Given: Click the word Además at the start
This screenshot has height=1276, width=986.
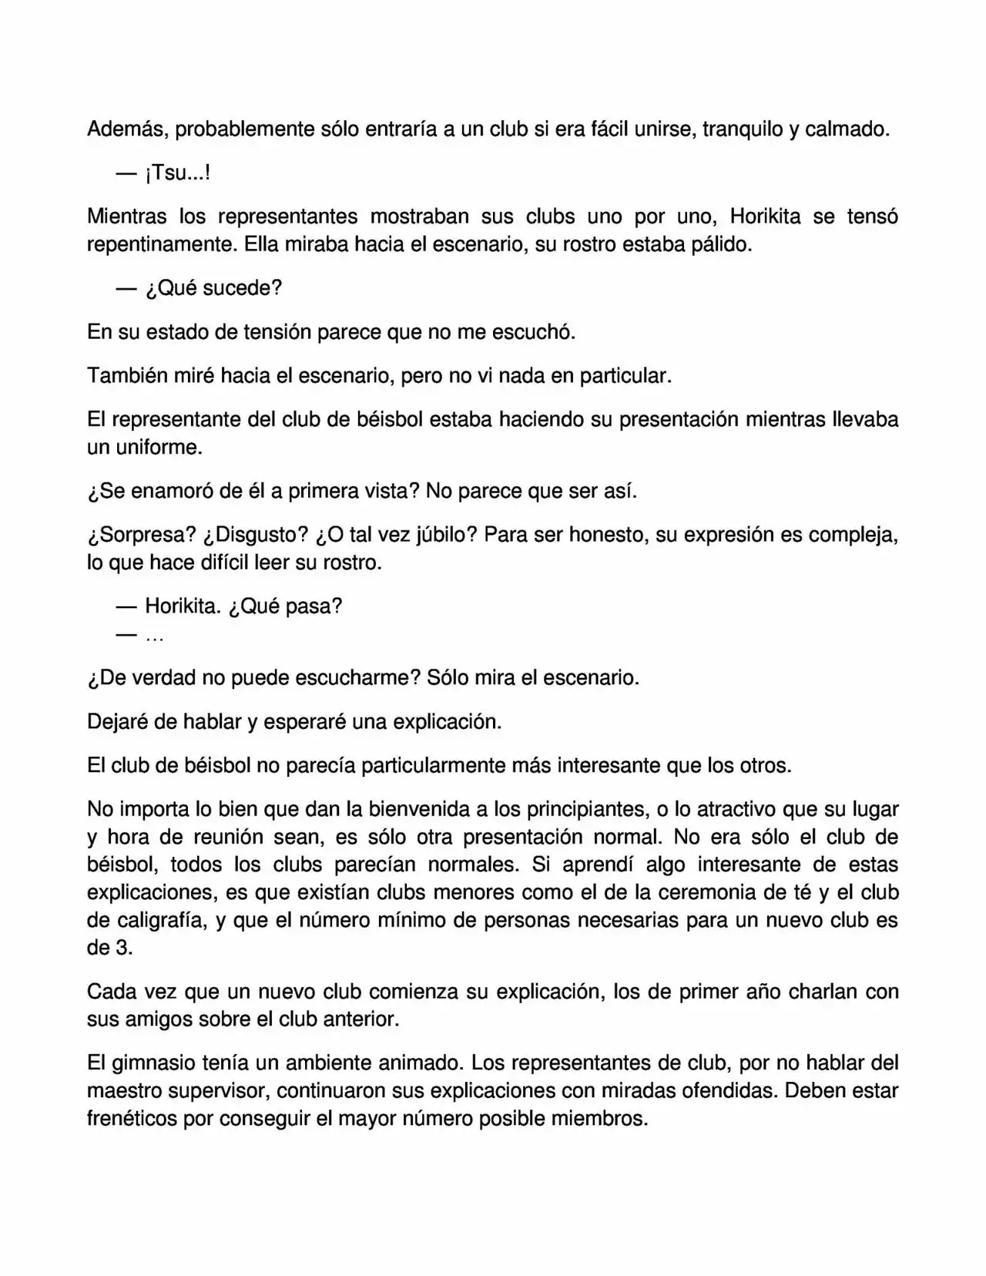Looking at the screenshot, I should (128, 129).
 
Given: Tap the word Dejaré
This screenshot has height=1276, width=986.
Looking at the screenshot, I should (121, 722).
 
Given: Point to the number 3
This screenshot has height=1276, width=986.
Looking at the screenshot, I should (124, 949).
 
